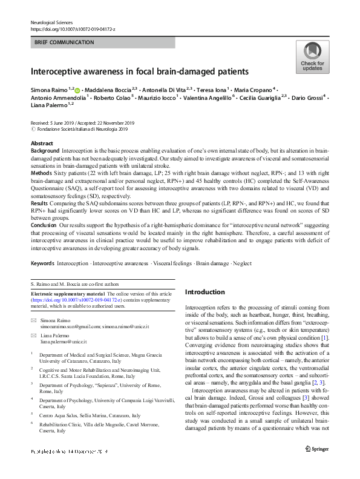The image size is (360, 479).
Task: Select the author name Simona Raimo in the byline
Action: pos(49,88)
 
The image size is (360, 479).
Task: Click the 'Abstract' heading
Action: pos(42,144)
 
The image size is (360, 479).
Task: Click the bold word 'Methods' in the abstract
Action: pos(41,173)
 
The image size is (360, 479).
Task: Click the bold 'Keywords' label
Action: pos(42,263)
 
